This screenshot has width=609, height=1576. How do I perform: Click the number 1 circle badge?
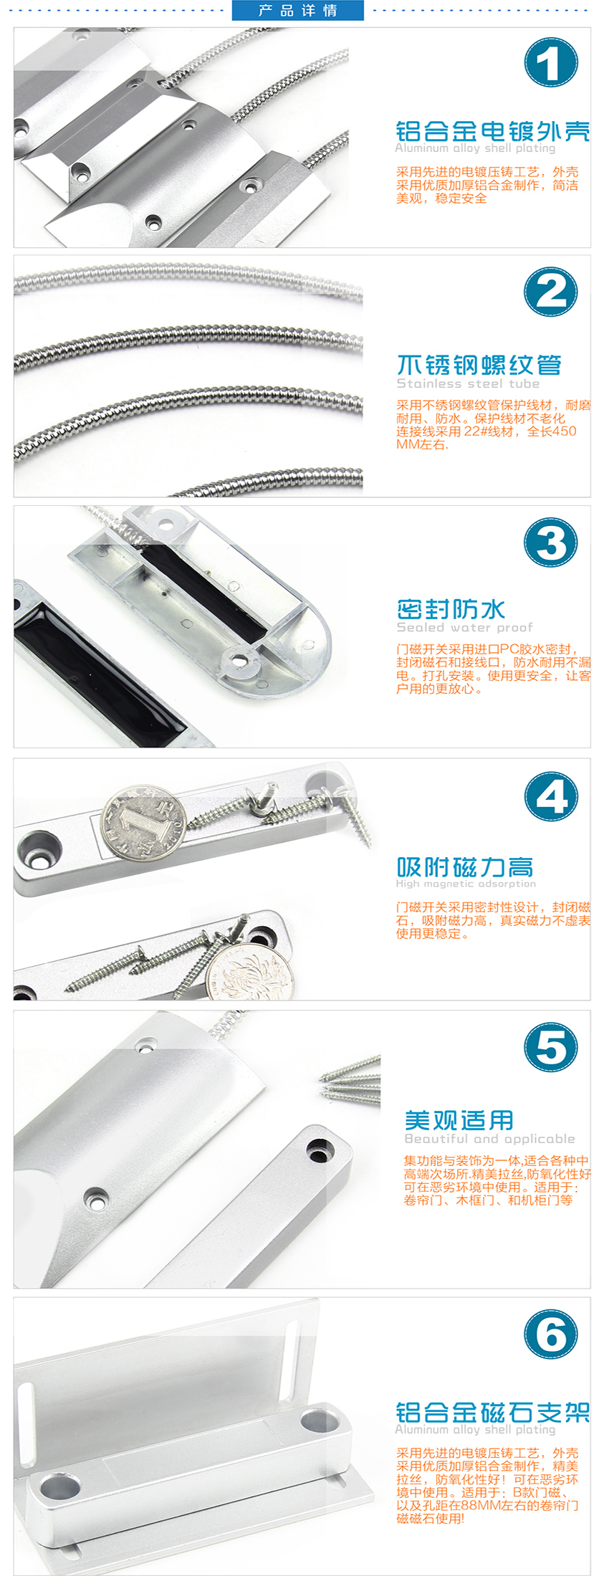coord(550,62)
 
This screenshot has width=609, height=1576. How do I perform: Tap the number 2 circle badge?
coord(550,292)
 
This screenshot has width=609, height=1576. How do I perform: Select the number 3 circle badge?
coord(550,543)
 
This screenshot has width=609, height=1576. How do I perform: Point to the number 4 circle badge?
coord(550,796)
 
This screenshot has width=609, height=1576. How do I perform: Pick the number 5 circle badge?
coord(550,1047)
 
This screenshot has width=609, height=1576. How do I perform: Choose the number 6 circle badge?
coord(550,1334)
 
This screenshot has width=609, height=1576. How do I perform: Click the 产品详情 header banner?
coord(298,10)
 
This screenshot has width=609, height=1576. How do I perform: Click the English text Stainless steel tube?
coord(468,383)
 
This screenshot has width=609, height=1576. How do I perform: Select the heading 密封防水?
coord(451,609)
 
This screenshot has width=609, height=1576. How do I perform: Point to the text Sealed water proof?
coord(465,627)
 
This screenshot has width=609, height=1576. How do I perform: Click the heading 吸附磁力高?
coord(465,867)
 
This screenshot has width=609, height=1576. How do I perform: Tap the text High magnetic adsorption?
coord(466,884)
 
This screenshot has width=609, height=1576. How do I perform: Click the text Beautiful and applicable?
coord(490,1138)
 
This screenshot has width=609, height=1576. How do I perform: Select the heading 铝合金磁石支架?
coord(493,1412)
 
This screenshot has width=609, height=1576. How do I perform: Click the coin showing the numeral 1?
coord(143,821)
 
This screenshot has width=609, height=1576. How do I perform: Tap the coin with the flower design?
coord(249,969)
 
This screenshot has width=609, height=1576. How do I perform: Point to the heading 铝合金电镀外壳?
coord(493,131)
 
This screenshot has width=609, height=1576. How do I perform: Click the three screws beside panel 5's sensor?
coord(350,1078)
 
